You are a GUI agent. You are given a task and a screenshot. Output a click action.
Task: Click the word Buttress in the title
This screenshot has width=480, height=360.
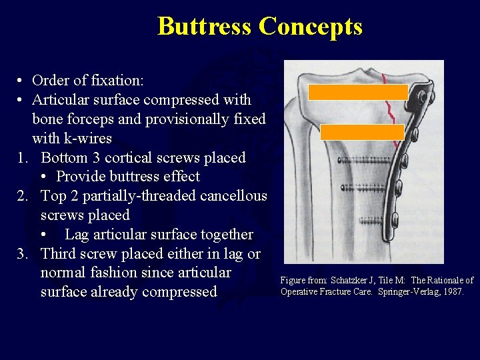click(205, 27)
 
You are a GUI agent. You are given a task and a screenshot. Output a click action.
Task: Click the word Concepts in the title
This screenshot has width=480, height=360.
click(310, 27)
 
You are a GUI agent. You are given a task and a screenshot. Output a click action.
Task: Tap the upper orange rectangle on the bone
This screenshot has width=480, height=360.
click(358, 92)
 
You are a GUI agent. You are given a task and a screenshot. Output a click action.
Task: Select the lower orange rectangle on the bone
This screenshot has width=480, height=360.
click(362, 132)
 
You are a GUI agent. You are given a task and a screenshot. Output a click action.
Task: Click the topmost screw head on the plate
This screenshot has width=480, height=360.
click(421, 98)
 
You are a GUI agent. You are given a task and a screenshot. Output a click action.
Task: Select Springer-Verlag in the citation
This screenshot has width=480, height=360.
click(403, 291)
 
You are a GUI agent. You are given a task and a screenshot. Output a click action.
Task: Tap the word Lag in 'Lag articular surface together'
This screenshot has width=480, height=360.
click(77, 235)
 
